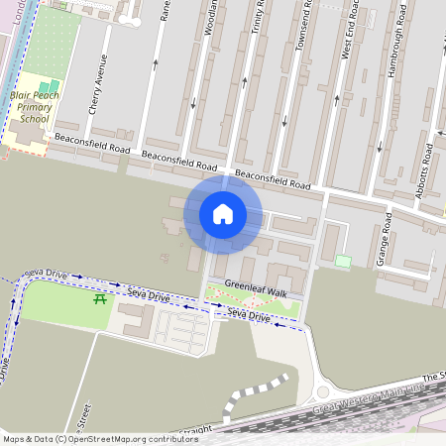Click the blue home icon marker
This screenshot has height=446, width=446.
[x=223, y=214]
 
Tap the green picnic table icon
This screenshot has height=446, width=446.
[x=99, y=298]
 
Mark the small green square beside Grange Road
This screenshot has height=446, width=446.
[x=343, y=261]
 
